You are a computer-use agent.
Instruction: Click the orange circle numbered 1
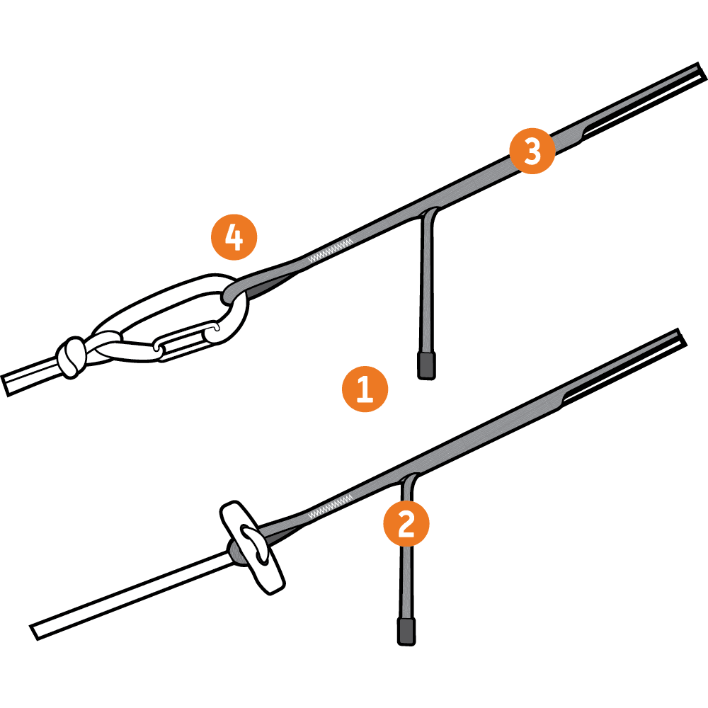pos(365,389)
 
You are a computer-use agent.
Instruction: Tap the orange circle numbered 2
pos(406,523)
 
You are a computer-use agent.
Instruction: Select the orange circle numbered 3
pos(532,151)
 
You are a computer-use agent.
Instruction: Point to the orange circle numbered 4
pos(234,237)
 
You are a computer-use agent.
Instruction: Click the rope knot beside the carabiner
pos(72,356)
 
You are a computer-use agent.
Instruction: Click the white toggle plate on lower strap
pos(252,547)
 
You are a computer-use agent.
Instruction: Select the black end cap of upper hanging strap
pos(426,365)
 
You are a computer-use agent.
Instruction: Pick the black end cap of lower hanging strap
pos(406,632)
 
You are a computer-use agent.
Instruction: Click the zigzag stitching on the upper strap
pos(330,251)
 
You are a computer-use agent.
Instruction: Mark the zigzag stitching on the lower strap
pos(330,507)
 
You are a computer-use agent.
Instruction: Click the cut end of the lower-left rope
pos(34,632)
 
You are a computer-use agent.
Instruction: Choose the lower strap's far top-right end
pos(682,338)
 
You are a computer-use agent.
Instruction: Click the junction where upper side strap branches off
pos(428,212)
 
